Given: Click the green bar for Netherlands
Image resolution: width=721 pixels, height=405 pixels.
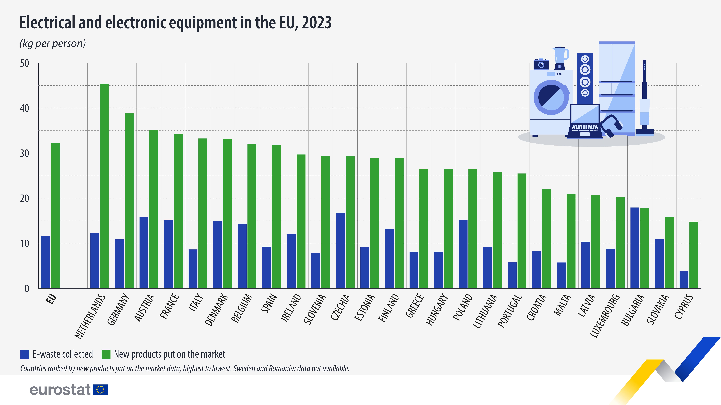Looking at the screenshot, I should (104, 186).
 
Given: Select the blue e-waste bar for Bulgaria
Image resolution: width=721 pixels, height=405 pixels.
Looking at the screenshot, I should (634, 248).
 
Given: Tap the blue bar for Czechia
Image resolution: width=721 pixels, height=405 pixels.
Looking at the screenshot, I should (340, 250).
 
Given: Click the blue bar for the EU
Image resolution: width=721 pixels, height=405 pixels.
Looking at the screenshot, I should (46, 262).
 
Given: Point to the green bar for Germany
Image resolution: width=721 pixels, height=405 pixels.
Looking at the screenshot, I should (129, 200).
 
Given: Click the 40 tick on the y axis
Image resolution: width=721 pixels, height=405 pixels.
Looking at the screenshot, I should (25, 108).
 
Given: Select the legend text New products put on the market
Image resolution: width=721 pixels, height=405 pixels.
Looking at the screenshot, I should (169, 354).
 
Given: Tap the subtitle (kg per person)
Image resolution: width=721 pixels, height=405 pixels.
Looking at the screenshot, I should (53, 44).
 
